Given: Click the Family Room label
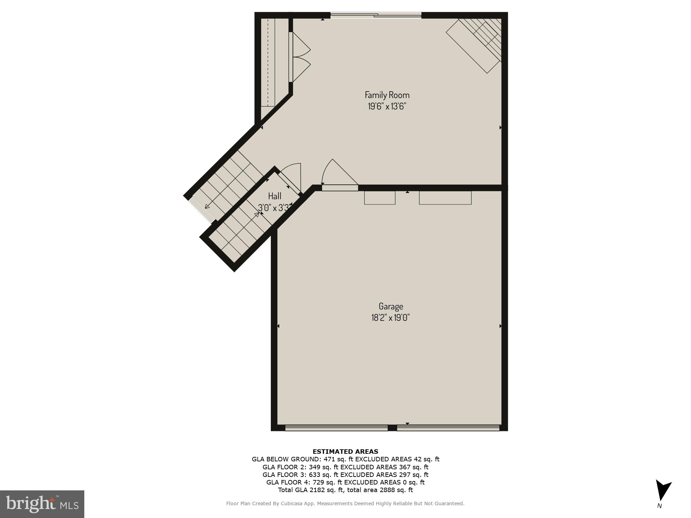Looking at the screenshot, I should (x=387, y=95).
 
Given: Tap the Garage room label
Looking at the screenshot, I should (x=391, y=306).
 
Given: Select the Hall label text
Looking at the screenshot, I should (x=275, y=196).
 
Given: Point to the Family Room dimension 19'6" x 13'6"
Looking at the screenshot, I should (x=387, y=106).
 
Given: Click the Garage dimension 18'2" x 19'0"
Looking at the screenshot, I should (x=391, y=318).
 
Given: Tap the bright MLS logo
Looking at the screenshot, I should (x=42, y=504).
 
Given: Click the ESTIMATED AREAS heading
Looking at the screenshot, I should (x=345, y=451).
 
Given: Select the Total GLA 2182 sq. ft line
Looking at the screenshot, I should (x=345, y=490).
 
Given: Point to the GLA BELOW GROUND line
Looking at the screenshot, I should (x=345, y=459).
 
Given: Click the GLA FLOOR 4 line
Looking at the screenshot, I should (x=345, y=482).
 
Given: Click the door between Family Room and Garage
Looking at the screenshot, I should (x=340, y=187).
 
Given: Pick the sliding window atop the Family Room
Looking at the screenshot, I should (x=376, y=15).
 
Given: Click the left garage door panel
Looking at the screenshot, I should (x=336, y=428).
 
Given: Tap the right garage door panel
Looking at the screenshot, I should (x=448, y=428).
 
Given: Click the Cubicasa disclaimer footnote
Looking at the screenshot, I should (x=345, y=504).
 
